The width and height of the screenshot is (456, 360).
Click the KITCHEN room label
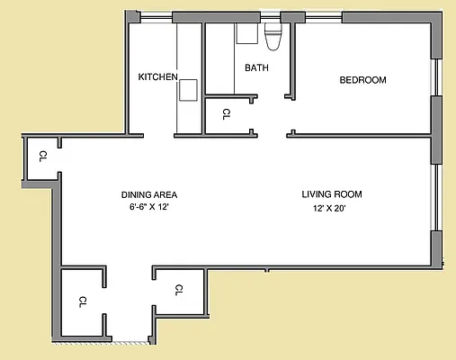coord(157,76)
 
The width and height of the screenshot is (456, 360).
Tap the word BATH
coord(256,67)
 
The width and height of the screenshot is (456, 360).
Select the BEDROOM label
coord(362,80)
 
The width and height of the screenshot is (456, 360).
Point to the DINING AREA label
coord(149,194)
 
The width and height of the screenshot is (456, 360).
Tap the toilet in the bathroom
coord(274,36)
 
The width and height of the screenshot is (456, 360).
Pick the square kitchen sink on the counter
coord(188,90)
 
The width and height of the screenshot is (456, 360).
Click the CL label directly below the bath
coord(226,114)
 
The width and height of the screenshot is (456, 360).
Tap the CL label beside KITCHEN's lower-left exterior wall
coord(42,157)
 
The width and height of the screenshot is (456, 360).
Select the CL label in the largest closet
coord(82,301)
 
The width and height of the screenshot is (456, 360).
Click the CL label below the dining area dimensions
coord(178,289)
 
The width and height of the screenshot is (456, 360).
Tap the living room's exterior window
coord(435,197)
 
